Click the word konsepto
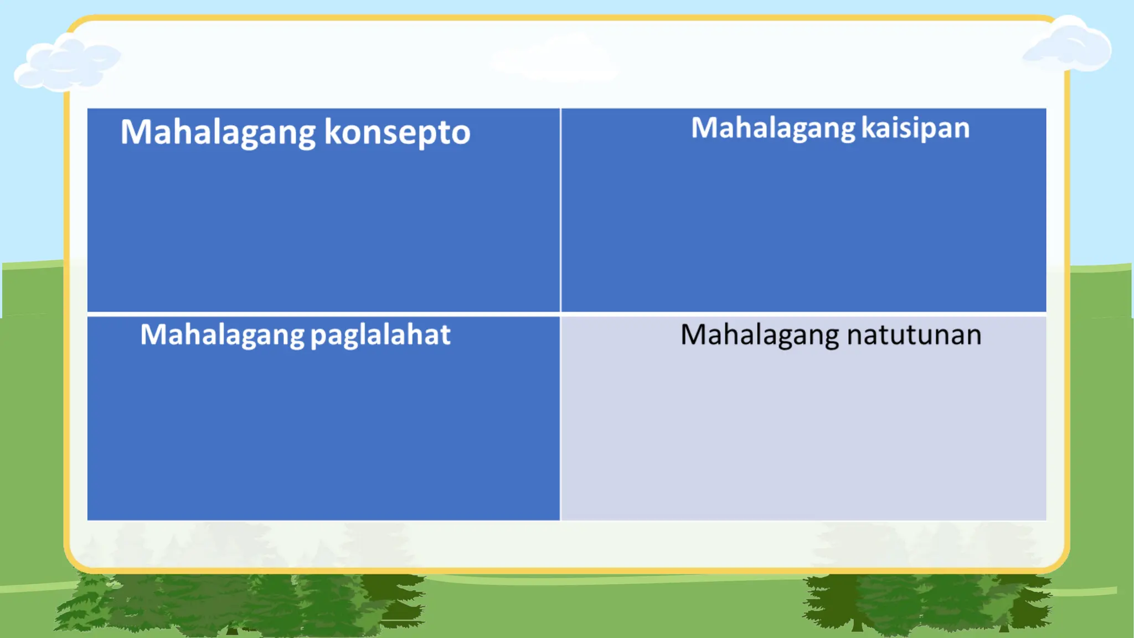click(x=397, y=132)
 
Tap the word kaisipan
click(x=916, y=128)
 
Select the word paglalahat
click(x=380, y=335)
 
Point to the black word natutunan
click(x=914, y=335)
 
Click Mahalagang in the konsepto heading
click(x=218, y=132)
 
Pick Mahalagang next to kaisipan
click(x=774, y=128)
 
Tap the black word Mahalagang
click(x=759, y=335)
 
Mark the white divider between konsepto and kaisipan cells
click(x=560, y=210)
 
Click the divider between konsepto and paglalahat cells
click(x=323, y=314)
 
